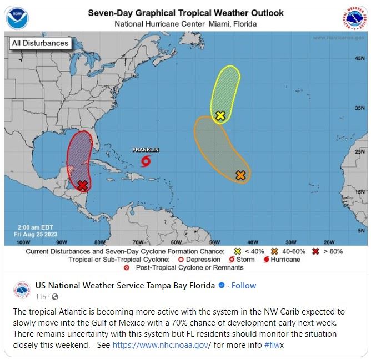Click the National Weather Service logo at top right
(x=353, y=19)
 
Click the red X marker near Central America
(x=83, y=185)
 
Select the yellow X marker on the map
(x=220, y=115)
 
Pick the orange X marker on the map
(x=240, y=175)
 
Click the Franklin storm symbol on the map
(x=146, y=161)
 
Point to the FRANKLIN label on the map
(x=146, y=150)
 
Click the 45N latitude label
(x=359, y=58)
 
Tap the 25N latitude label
(x=359, y=151)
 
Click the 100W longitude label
(x=23, y=242)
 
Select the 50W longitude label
(x=214, y=242)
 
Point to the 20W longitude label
(x=329, y=242)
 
